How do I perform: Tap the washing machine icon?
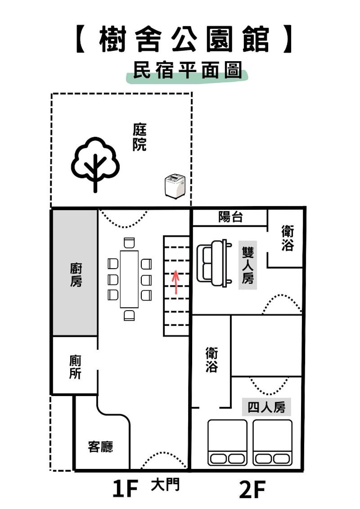click(175, 186)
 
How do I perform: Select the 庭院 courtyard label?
click(139, 137)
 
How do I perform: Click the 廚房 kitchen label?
click(76, 275)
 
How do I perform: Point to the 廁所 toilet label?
click(75, 367)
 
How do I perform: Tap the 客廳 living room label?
click(101, 447)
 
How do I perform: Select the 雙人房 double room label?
click(247, 265)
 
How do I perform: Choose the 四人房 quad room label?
click(266, 407)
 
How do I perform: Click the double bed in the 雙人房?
click(214, 263)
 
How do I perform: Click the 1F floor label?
click(125, 489)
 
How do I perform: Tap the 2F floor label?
click(252, 490)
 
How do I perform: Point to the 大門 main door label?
click(165, 485)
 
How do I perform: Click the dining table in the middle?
click(129, 279)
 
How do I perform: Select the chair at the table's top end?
click(129, 243)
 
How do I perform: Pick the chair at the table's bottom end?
click(129, 315)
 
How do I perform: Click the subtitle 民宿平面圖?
click(188, 70)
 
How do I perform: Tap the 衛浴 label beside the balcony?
click(288, 238)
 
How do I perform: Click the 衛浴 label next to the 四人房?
click(211, 359)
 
